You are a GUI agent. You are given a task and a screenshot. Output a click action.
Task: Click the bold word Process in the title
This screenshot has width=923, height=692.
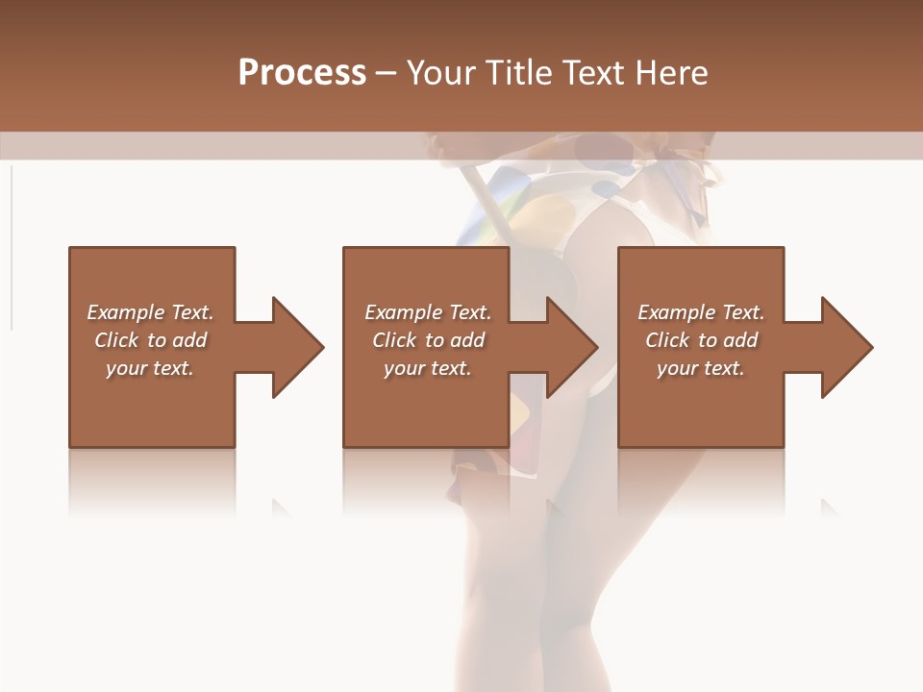tap(302, 73)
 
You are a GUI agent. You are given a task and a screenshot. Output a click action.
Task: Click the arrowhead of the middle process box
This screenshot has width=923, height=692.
tap(571, 347)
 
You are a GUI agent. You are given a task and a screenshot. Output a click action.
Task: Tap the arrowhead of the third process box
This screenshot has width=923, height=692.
tap(846, 347)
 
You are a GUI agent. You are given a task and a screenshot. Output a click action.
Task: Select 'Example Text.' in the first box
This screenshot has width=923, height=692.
tap(150, 312)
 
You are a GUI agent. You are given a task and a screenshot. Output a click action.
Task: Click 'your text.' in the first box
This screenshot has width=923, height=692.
tap(150, 368)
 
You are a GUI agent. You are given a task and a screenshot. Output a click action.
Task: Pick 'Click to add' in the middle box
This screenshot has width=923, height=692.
tap(428, 340)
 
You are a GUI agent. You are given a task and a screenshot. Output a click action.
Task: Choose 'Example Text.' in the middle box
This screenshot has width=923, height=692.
tap(428, 312)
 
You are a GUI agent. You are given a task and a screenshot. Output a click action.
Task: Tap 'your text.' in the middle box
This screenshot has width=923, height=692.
tap(428, 368)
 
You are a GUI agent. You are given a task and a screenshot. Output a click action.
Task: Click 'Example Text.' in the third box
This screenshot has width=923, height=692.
tap(701, 312)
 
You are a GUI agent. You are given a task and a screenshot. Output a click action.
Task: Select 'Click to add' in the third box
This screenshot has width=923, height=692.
tap(701, 340)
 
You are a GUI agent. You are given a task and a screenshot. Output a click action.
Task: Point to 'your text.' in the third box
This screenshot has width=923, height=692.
tap(701, 368)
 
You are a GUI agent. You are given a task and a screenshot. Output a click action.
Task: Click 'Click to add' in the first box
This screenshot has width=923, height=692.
tap(150, 340)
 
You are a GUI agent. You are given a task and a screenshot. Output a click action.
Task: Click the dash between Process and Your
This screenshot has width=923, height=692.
tap(387, 74)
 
